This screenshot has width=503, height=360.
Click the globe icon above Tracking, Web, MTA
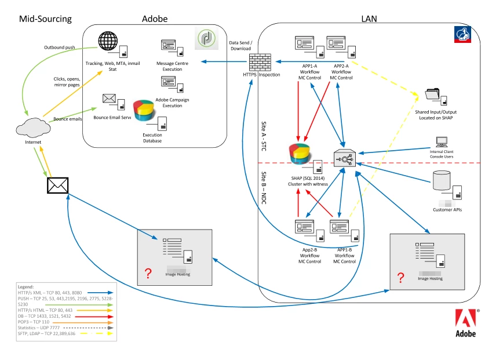click(108, 42)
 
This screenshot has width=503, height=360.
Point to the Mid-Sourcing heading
click(46, 19)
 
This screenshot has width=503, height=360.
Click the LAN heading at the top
click(369, 19)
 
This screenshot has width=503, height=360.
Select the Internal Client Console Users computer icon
click(442, 141)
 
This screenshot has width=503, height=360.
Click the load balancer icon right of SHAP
click(345, 157)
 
